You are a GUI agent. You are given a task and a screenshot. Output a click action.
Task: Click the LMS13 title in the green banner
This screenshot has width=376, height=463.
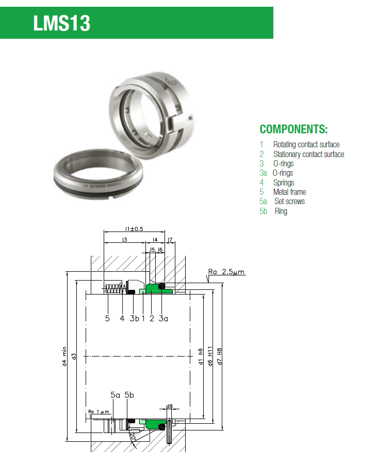coord(62,23)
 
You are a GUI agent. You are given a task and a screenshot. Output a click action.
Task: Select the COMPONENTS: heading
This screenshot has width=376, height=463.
coord(293,129)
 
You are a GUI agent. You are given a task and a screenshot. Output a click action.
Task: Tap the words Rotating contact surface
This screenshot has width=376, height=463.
coord(306,145)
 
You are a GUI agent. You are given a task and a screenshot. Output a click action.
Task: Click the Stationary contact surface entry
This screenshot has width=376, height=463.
coord(308,154)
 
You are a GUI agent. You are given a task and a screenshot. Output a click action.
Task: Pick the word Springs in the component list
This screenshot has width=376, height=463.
coord(284,182)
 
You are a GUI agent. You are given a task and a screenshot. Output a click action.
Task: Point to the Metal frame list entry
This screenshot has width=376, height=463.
coord(289,192)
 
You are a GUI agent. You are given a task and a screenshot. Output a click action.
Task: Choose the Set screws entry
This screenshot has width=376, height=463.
coord(289,202)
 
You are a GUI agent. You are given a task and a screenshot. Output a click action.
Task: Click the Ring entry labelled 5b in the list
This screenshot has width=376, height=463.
coord(281,211)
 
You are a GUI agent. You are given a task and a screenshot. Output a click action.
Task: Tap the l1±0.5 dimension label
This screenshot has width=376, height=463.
coord(134,229)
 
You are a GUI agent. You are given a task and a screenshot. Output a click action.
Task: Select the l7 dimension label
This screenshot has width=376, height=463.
coord(171,240)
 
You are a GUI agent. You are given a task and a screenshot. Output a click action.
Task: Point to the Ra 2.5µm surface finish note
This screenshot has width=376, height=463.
coord(226,271)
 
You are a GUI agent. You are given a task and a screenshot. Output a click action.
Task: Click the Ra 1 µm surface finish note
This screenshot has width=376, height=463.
coord(99,412)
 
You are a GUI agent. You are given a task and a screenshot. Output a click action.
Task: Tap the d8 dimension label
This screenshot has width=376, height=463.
coord(169,406)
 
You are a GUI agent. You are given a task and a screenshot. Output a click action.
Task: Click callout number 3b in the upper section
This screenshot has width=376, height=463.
coord(134,319)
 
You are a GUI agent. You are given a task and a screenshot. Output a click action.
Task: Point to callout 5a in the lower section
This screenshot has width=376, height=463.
coord(115,395)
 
